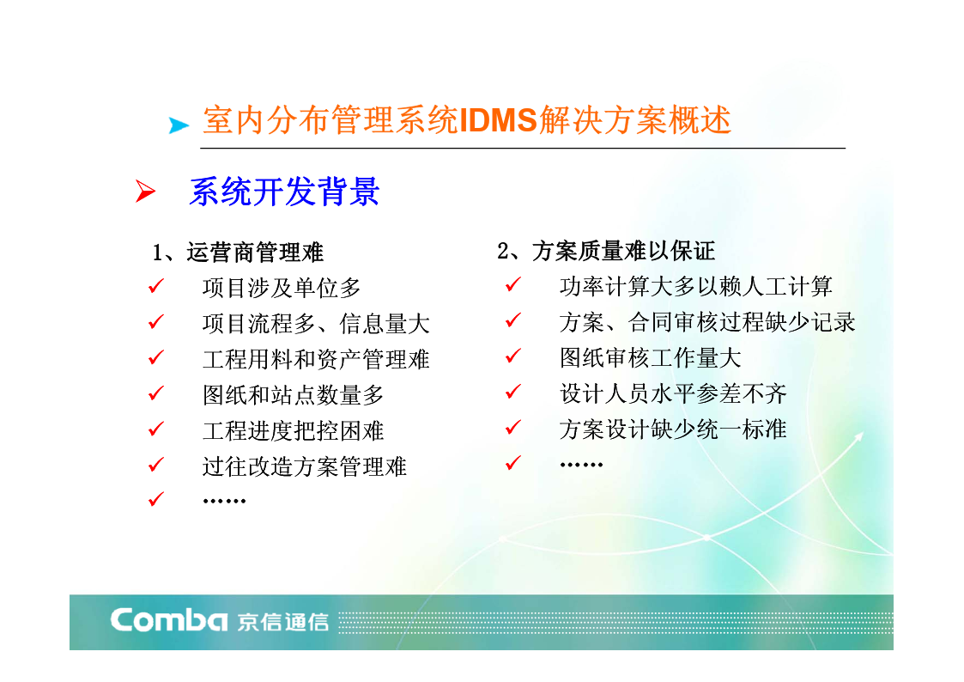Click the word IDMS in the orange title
click(x=498, y=120)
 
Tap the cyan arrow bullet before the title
click(x=179, y=125)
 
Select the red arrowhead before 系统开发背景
click(x=146, y=192)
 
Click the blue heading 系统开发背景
click(x=284, y=192)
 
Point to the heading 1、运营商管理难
click(x=237, y=253)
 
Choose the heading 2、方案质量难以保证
click(x=605, y=251)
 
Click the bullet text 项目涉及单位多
click(x=282, y=288)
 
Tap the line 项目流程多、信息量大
click(x=316, y=324)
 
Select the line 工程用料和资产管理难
click(x=316, y=359)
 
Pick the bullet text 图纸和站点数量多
click(x=294, y=395)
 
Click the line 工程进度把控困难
click(x=294, y=430)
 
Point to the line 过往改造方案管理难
click(x=305, y=466)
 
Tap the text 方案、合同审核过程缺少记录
click(x=707, y=322)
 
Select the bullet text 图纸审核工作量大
click(x=651, y=358)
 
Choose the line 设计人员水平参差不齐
click(x=673, y=393)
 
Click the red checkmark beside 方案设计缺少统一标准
click(x=513, y=428)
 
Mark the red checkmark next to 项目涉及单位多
click(x=156, y=286)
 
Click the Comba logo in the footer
click(x=168, y=620)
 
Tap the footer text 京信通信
click(x=283, y=622)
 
